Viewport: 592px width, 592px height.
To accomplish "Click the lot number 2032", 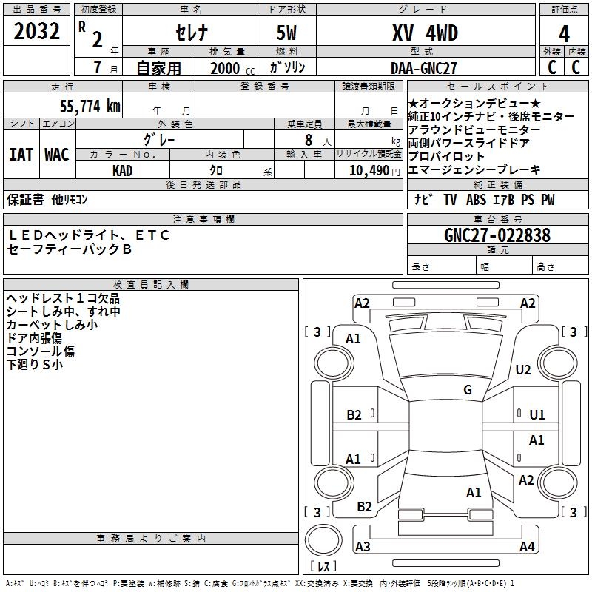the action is [37, 34].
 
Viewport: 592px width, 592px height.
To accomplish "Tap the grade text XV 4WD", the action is [425, 33].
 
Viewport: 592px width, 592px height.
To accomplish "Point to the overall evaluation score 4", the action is [564, 34].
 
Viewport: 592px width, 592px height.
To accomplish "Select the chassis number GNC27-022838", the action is [497, 235].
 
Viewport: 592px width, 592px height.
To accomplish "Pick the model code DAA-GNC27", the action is [424, 68].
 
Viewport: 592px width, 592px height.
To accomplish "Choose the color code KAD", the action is [122, 170].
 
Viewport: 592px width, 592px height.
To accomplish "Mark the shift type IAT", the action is [21, 155].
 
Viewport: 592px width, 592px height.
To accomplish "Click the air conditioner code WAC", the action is [56, 155].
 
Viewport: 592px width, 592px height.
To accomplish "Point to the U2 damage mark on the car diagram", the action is [523, 370].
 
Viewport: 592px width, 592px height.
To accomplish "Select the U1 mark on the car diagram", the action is [537, 415].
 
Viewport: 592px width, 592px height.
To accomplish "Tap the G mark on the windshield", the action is [468, 390].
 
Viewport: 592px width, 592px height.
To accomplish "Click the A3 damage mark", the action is [362, 547].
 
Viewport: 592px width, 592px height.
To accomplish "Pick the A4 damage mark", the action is [527, 547].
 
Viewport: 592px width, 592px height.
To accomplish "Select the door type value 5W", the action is [288, 33].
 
